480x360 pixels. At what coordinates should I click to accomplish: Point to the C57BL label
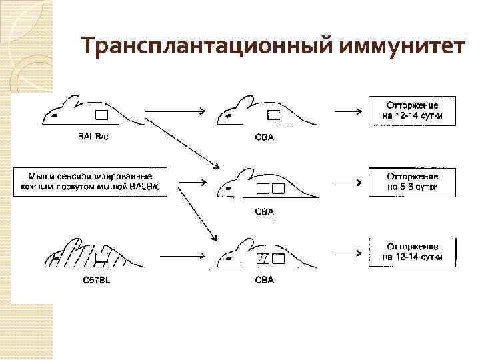[97, 280]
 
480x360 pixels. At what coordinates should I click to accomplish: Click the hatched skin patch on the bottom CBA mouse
[263, 258]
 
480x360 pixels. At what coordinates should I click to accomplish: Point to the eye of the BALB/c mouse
[53, 117]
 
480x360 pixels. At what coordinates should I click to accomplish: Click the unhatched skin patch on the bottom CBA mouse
[278, 258]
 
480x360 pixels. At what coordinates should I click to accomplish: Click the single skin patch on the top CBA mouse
[273, 115]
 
